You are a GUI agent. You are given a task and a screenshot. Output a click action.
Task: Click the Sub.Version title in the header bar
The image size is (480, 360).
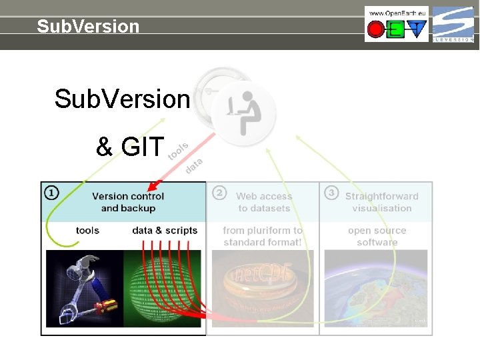(88, 27)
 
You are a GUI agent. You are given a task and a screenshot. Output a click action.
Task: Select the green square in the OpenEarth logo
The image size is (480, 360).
(397, 29)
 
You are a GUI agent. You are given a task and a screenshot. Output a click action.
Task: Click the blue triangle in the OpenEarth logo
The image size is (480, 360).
(417, 29)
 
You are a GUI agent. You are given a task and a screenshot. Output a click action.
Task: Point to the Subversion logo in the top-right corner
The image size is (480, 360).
(453, 24)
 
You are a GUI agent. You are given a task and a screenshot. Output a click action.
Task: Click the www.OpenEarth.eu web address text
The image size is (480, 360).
(397, 13)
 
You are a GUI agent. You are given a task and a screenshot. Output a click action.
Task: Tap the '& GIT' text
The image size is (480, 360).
(130, 147)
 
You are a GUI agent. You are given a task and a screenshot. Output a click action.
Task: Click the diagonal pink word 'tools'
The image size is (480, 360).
(178, 151)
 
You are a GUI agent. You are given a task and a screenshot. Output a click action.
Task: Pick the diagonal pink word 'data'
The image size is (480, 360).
(193, 165)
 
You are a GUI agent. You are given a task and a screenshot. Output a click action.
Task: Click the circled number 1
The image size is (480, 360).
(51, 193)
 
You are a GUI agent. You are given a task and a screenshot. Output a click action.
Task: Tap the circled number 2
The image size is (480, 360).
(219, 193)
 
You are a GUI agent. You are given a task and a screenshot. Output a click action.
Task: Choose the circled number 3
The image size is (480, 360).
(330, 193)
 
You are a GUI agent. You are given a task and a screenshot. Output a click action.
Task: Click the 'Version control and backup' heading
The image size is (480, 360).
(128, 202)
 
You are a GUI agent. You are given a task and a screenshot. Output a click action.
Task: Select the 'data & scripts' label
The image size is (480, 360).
(165, 231)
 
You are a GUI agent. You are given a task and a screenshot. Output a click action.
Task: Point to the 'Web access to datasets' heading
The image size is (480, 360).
(264, 202)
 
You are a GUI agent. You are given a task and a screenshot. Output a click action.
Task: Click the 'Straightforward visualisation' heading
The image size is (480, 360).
(381, 202)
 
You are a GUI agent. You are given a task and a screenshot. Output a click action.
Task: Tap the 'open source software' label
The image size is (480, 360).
(377, 236)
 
